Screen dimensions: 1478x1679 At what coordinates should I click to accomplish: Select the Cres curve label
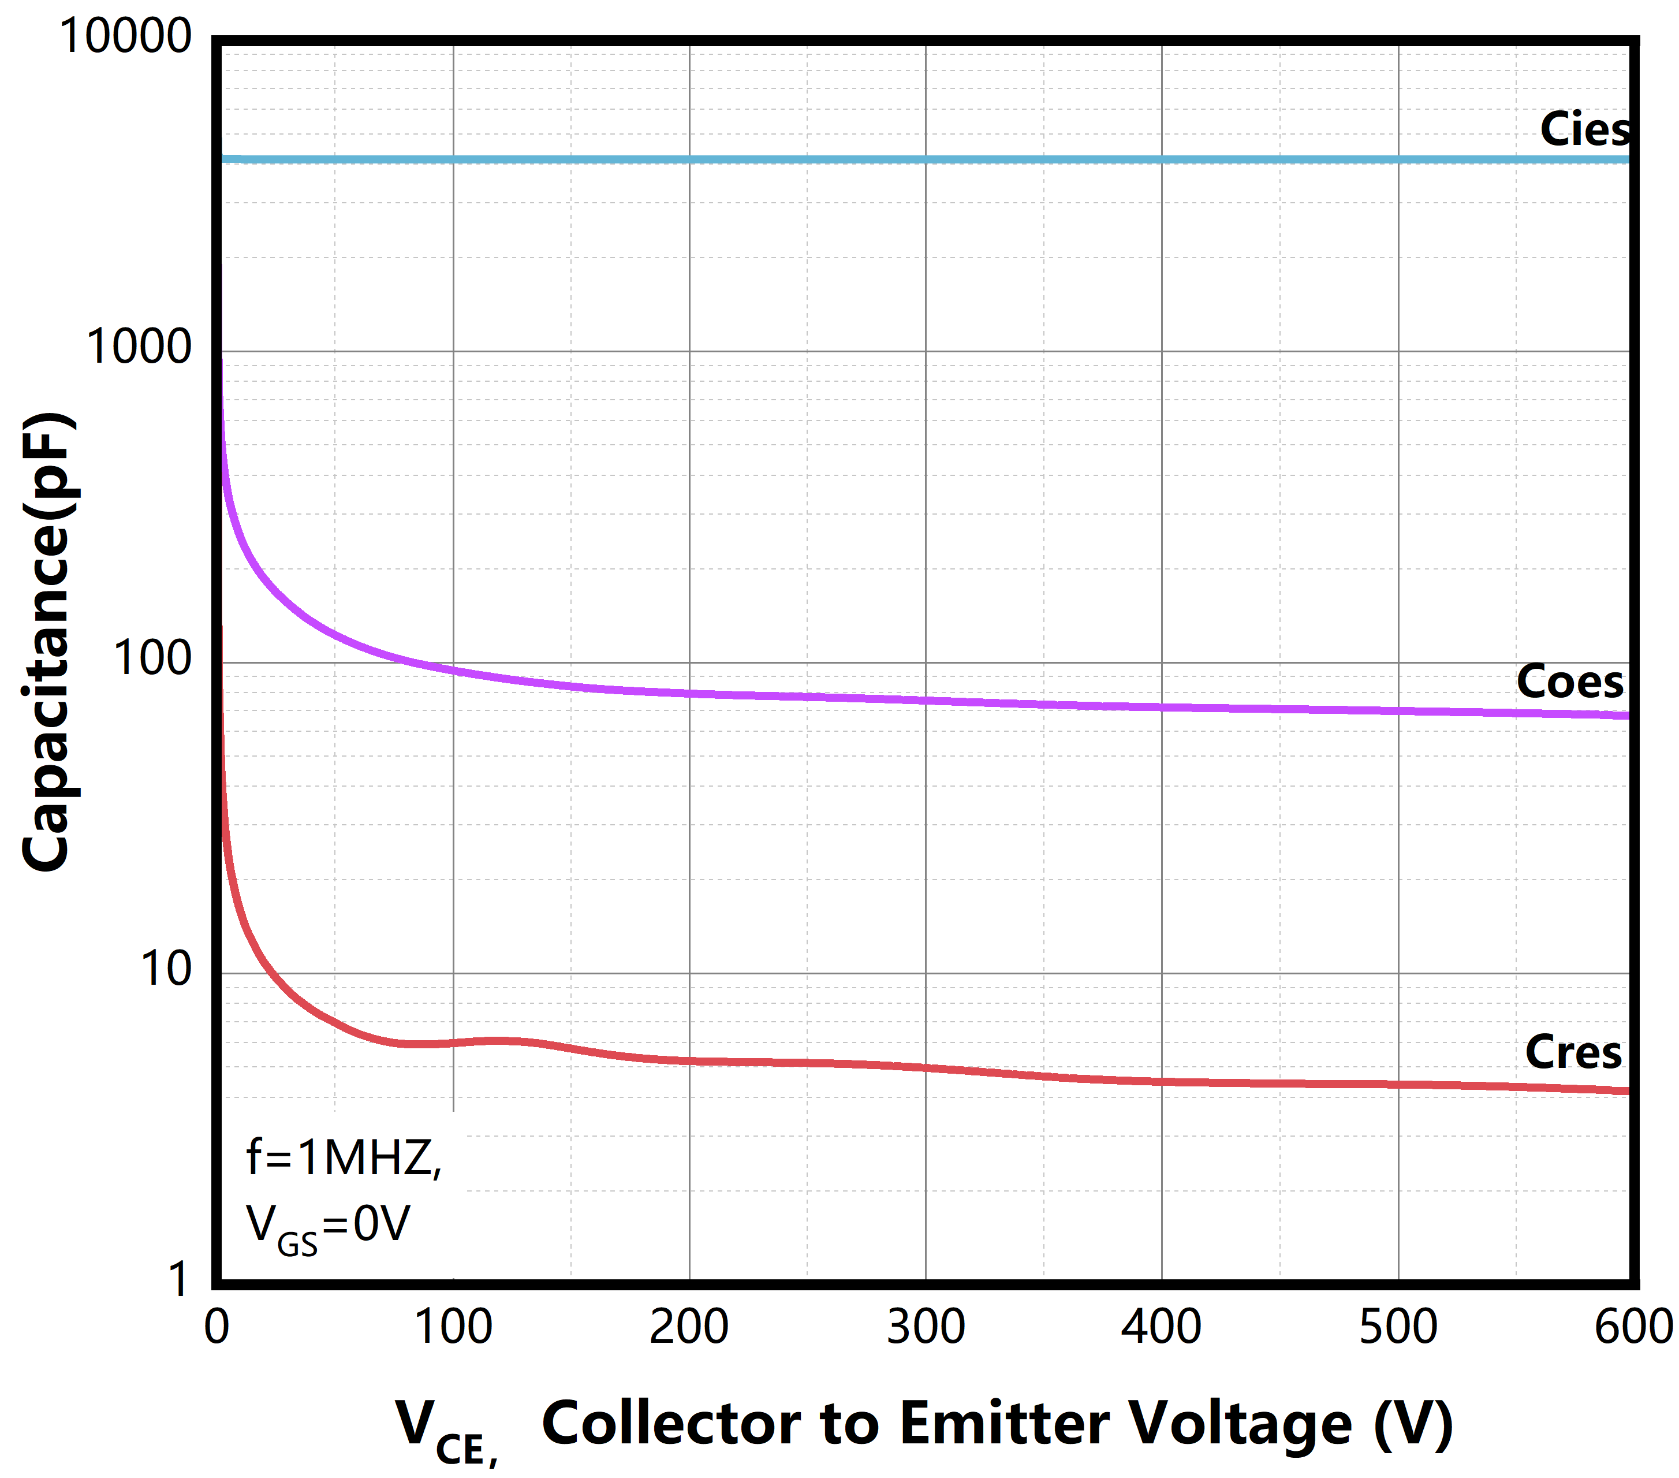1573,1052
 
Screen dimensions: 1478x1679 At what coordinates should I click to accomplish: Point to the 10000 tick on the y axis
125,37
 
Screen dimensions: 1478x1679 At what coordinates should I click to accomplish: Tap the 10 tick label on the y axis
165,969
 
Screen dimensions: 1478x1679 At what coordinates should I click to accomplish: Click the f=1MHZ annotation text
344,1159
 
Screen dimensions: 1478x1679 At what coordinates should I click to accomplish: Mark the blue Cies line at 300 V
926,159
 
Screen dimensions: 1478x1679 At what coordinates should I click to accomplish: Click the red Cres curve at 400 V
1162,1081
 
